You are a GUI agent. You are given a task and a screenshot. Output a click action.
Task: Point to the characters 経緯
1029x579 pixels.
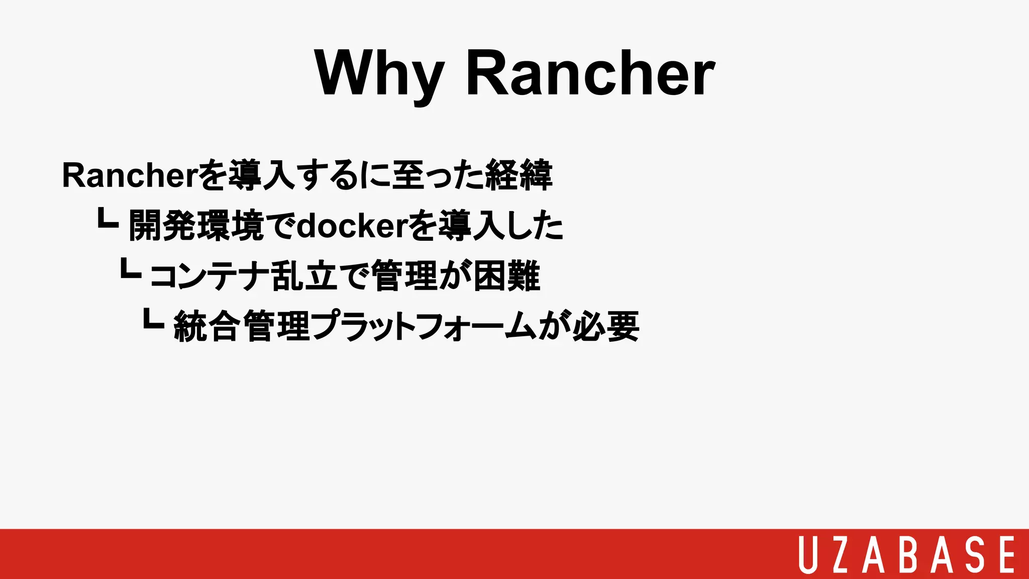pyautogui.click(x=519, y=175)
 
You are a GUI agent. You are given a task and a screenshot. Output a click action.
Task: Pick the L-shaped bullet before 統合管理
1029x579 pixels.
pyautogui.click(x=153, y=319)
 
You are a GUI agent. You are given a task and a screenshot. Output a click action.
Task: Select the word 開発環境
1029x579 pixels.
pyautogui.click(x=196, y=226)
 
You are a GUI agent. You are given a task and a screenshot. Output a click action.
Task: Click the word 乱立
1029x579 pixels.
pyautogui.click(x=303, y=276)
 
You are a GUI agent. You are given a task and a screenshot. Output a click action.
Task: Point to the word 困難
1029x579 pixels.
pyautogui.click(x=506, y=276)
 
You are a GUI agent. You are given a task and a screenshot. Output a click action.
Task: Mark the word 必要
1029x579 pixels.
pyautogui.click(x=606, y=327)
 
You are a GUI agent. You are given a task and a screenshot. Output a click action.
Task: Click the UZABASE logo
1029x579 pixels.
pyautogui.click(x=907, y=554)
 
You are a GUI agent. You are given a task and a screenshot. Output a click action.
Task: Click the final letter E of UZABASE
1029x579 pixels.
pyautogui.click(x=1006, y=554)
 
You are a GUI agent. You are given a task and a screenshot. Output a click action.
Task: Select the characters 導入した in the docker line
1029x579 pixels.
pyautogui.click(x=500, y=226)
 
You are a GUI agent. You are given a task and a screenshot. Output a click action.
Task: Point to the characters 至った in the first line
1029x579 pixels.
pyautogui.click(x=437, y=175)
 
